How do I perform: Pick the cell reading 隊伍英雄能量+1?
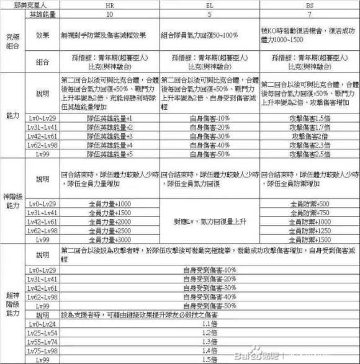(109, 117)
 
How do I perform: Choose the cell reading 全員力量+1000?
(109, 203)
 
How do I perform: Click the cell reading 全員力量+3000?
(109, 239)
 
